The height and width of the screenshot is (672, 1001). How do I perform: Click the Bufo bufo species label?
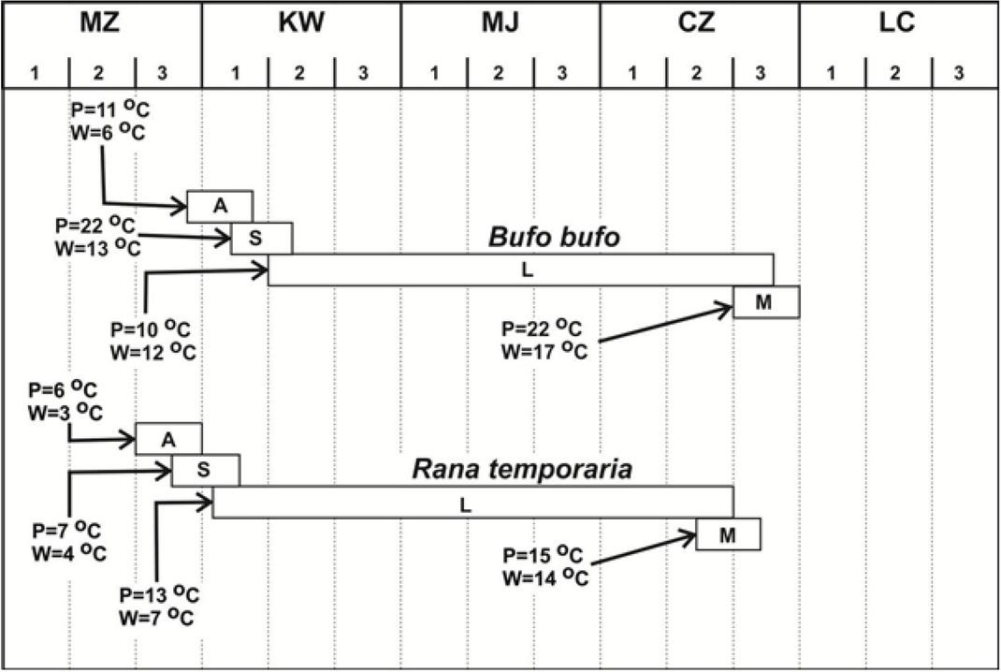(554, 238)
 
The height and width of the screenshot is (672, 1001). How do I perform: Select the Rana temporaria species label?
(522, 470)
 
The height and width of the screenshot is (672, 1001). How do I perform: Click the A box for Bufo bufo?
(220, 207)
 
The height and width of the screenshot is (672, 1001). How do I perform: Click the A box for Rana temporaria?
(168, 439)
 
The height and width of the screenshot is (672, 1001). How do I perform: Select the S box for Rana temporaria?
(206, 470)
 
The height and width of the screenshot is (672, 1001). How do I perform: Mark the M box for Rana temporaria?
(728, 534)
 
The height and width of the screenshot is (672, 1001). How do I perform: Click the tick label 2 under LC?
(896, 72)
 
